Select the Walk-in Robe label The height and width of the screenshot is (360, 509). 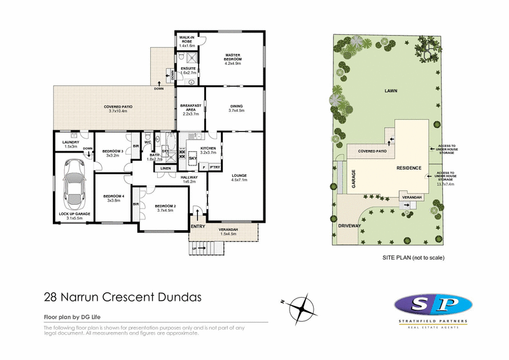pos(187,40)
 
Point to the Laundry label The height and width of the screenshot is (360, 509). pos(71,142)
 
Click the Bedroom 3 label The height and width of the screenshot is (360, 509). pos(113,150)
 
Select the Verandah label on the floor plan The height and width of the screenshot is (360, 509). pos(228,230)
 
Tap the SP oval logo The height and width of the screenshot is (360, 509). pos(433,303)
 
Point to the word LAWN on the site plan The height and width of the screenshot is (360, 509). pos(391,92)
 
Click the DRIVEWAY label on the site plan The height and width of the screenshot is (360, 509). pos(350,225)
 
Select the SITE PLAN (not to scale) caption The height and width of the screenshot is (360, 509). pos(412,258)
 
